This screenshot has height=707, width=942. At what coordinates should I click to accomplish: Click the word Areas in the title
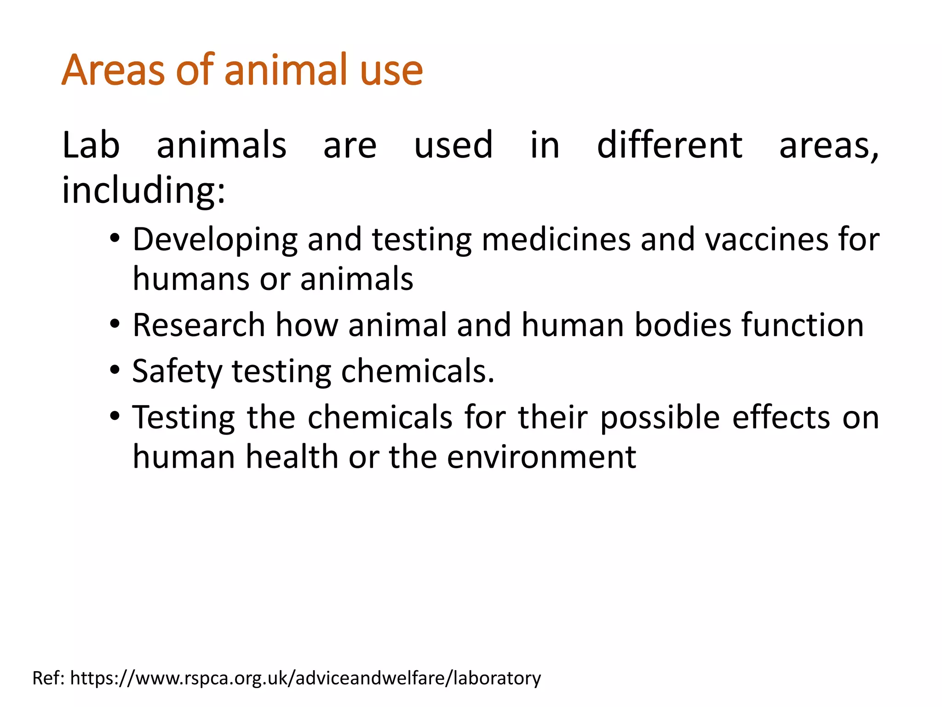click(x=113, y=70)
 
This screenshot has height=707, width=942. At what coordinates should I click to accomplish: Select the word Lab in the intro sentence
click(x=91, y=146)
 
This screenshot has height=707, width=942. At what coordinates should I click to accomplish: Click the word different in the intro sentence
click(x=669, y=146)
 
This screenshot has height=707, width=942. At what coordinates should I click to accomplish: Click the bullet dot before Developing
click(x=115, y=239)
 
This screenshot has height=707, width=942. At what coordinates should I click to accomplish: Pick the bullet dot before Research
click(x=115, y=325)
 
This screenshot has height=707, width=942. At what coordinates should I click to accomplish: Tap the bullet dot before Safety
click(x=115, y=371)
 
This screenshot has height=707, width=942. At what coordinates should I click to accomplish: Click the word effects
click(x=781, y=417)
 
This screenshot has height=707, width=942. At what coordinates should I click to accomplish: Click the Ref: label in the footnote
click(x=49, y=678)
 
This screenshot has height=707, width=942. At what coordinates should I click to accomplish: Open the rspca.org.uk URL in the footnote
click(x=305, y=678)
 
